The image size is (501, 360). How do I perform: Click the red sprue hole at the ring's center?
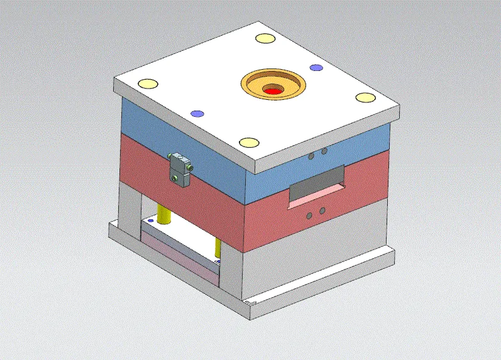click(x=273, y=92)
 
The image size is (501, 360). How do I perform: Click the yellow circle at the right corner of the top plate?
click(x=365, y=97)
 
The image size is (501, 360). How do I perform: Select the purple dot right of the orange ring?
click(x=316, y=67)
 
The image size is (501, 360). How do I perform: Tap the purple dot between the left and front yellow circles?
click(x=197, y=114)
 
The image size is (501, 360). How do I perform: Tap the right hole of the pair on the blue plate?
click(x=324, y=151)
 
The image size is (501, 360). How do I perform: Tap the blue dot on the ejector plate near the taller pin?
click(x=151, y=221)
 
